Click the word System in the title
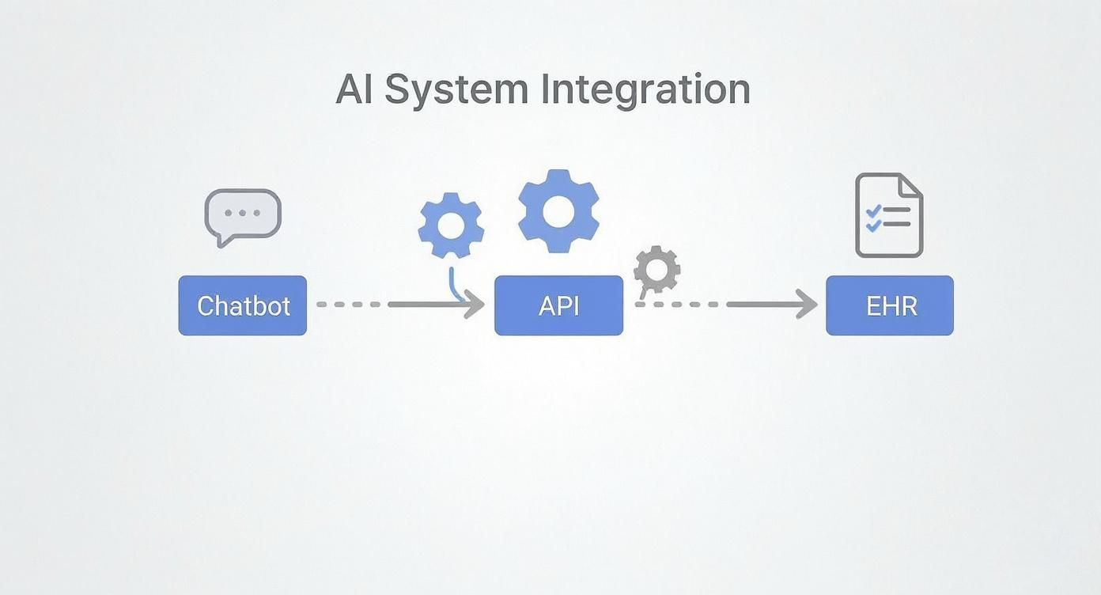[456, 89]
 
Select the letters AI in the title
[354, 89]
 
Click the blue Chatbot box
[242, 305]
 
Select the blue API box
[558, 305]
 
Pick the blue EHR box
[890, 305]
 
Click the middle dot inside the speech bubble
[243, 214]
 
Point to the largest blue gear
[558, 210]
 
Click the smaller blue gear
[451, 225]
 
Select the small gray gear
[656, 270]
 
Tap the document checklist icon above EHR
[889, 215]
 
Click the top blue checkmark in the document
[873, 211]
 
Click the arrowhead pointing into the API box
[475, 304]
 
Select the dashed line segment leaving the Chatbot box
[348, 304]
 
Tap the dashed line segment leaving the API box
[677, 304]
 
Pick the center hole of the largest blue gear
[558, 211]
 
